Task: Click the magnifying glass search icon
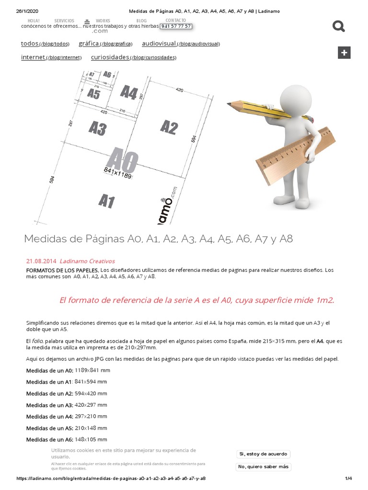tap(339, 27)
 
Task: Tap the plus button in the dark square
tap(344, 53)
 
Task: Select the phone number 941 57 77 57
tap(176, 26)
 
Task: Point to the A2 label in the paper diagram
tap(169, 128)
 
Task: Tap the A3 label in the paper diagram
tap(97, 128)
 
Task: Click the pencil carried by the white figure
tap(268, 111)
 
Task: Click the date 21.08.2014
tap(41, 261)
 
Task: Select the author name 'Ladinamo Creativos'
tap(87, 261)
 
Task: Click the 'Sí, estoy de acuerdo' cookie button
tap(263, 454)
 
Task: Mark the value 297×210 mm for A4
tap(91, 416)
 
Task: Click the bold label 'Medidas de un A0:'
tap(50, 370)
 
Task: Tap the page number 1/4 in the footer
tap(348, 478)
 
